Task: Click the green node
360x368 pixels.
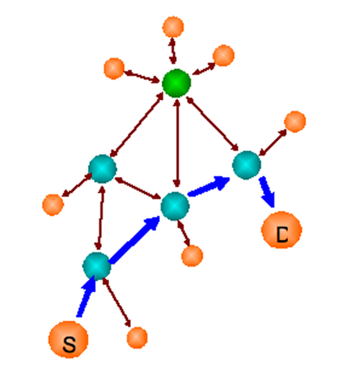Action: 177,83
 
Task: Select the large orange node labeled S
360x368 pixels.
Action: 69,340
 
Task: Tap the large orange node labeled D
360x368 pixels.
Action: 282,230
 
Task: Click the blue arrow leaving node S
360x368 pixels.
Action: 87,297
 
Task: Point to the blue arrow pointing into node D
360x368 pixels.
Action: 267,192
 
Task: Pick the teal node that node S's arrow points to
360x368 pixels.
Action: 96,266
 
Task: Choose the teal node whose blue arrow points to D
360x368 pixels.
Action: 246,165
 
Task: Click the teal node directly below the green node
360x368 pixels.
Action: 175,206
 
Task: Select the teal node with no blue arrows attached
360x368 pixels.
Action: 102,169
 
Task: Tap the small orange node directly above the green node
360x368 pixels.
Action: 173,27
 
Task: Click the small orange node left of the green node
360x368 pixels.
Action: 114,68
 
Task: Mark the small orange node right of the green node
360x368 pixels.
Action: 224,55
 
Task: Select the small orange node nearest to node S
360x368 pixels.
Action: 137,338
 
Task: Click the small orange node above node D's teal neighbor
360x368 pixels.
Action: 295,122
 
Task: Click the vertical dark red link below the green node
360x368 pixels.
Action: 177,143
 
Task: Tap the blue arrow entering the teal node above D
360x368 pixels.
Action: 209,186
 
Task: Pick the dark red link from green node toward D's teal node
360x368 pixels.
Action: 213,124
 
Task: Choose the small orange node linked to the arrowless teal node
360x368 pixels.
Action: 53,205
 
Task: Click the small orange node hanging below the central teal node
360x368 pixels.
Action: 192,256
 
